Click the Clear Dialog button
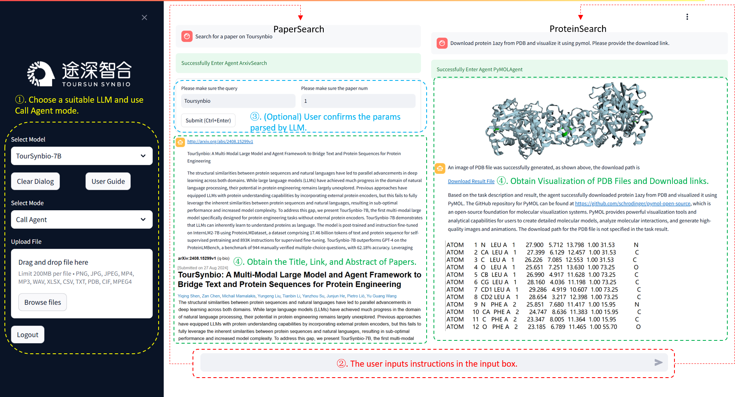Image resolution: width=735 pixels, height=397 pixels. [x=36, y=182]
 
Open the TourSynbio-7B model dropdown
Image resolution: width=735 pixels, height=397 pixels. [x=82, y=156]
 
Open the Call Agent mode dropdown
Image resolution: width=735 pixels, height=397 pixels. [x=82, y=220]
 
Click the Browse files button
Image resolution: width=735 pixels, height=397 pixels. [x=42, y=302]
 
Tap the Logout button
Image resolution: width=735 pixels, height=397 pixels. [x=27, y=335]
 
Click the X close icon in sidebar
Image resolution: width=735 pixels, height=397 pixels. [x=144, y=17]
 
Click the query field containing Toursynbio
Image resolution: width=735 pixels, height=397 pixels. [x=238, y=101]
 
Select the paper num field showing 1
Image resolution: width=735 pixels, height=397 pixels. [x=358, y=101]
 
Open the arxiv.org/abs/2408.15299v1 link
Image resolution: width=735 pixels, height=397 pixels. [x=220, y=141]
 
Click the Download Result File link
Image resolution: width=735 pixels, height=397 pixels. [x=471, y=182]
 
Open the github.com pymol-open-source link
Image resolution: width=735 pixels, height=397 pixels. [x=632, y=204]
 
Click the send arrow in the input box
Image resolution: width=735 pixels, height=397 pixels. [x=658, y=363]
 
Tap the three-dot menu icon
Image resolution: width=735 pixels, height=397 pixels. [x=687, y=17]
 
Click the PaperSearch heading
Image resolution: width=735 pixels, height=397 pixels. [x=299, y=29]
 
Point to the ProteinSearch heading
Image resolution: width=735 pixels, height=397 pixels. [x=578, y=29]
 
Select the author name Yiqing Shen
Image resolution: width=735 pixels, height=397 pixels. [x=189, y=296]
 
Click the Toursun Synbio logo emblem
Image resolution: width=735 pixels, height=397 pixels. [x=40, y=74]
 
